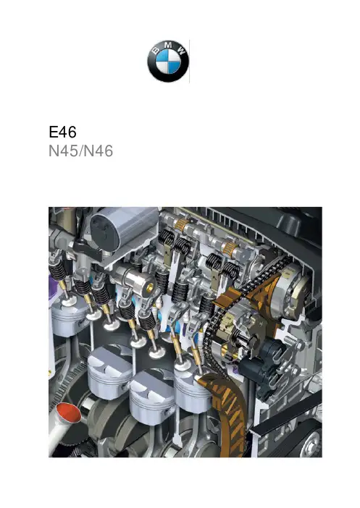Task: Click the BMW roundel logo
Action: (x=168, y=62)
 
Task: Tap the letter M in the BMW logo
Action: (x=168, y=45)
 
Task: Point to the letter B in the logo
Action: (x=156, y=50)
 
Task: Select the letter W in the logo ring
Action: (x=181, y=50)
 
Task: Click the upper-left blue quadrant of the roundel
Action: (x=162, y=56)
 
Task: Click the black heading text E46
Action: (x=62, y=132)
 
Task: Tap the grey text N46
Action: (x=99, y=151)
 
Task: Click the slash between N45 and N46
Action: (x=81, y=151)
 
